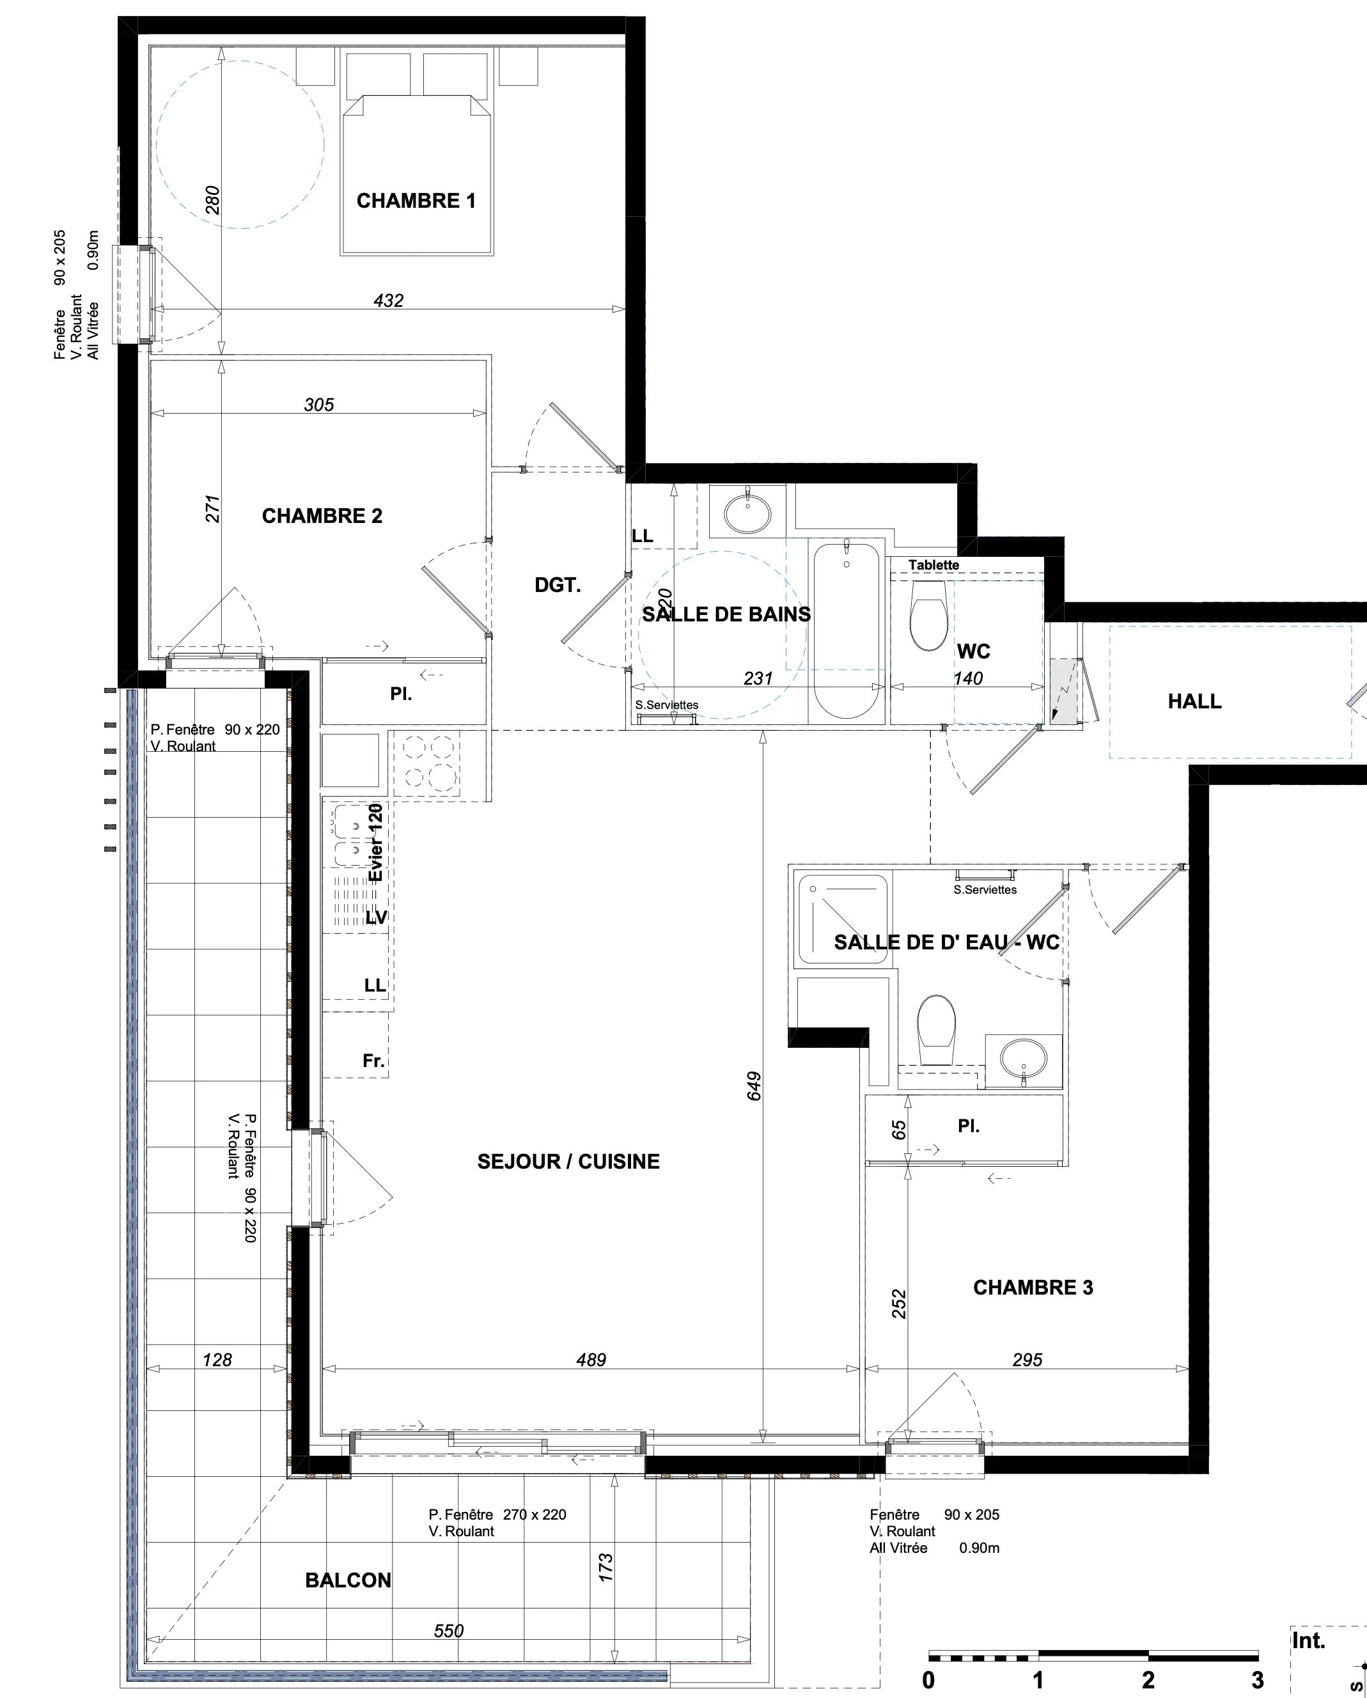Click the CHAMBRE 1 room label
[416, 201]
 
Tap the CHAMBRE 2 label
[322, 516]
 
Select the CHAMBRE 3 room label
[1033, 1288]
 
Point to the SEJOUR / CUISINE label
[568, 1162]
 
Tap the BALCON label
[348, 1580]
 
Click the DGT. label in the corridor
[558, 585]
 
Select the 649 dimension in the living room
[754, 1086]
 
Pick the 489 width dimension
[591, 1360]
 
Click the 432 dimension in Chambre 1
[388, 300]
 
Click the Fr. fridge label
[373, 1061]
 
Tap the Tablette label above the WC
[934, 566]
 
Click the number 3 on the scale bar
[1258, 1681]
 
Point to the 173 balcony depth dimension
[605, 1568]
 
